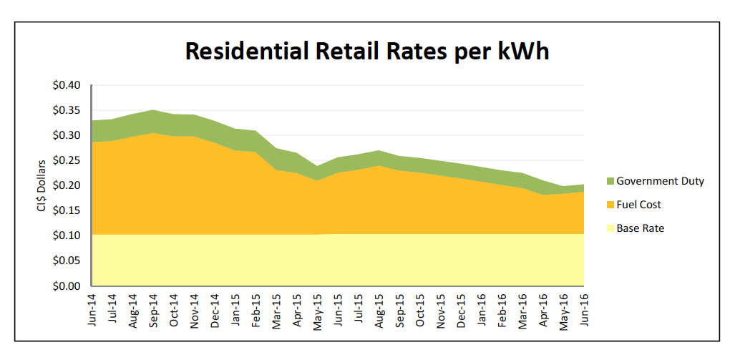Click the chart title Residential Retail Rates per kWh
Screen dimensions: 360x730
367,51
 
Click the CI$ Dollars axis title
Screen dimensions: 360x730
43,185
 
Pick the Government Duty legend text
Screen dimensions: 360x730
660,181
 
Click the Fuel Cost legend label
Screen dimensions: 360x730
638,205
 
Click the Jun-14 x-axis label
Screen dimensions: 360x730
92,309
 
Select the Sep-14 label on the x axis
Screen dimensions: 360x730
153,309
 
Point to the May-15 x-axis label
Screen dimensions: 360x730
316,309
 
